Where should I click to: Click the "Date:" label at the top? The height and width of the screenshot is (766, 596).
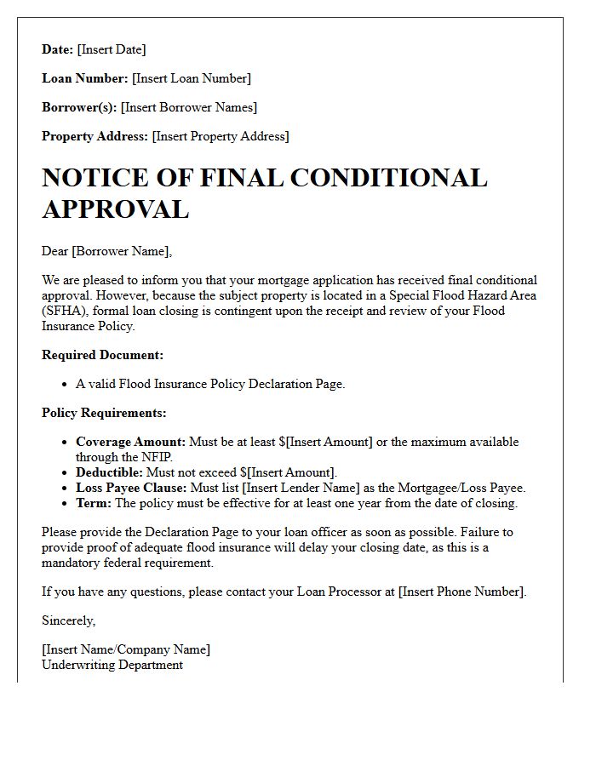tap(58, 50)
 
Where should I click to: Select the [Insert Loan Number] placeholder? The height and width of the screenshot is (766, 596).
tap(191, 79)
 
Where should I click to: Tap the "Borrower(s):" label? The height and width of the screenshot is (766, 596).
tap(79, 108)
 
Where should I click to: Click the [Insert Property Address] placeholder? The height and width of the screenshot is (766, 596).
tap(221, 137)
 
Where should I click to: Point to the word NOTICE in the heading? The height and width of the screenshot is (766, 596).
tap(101, 178)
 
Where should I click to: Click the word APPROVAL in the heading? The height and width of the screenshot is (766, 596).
tap(115, 209)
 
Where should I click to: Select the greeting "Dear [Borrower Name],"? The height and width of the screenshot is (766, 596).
tap(106, 251)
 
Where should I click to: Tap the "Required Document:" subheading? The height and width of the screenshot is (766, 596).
tap(102, 355)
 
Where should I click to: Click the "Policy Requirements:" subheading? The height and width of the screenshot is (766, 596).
tap(104, 413)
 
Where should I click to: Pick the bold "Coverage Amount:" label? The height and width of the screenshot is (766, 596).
tap(130, 443)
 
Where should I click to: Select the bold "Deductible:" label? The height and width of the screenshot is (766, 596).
tap(110, 472)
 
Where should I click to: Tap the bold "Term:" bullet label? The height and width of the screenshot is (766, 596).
tap(94, 503)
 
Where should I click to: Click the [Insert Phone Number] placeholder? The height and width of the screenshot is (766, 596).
tap(461, 592)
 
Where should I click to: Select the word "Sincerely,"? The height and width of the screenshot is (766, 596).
tap(68, 620)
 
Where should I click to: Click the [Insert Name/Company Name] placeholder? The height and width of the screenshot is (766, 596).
tap(126, 649)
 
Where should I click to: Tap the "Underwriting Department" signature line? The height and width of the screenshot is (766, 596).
tap(112, 665)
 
